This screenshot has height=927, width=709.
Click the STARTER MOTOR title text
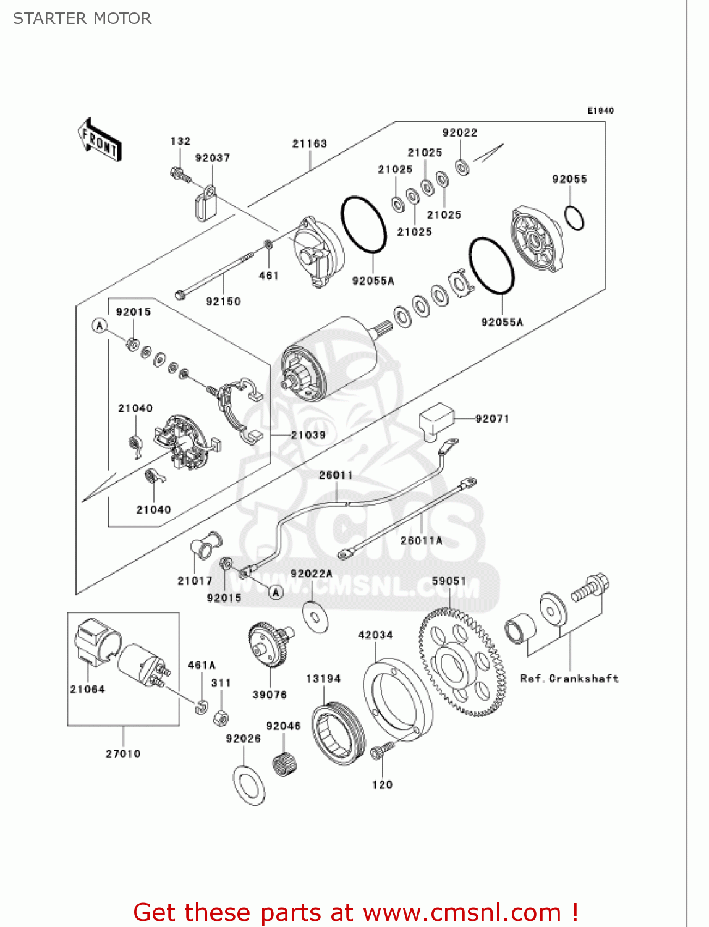pyautogui.click(x=82, y=19)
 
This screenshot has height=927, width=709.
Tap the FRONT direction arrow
pyautogui.click(x=99, y=140)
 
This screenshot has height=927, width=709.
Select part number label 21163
pyautogui.click(x=309, y=143)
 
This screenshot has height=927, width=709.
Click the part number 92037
pyautogui.click(x=213, y=158)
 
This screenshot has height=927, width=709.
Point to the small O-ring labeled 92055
pyautogui.click(x=574, y=218)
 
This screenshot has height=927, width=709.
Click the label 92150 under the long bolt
pyautogui.click(x=223, y=302)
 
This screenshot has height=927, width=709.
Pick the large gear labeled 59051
pyautogui.click(x=461, y=662)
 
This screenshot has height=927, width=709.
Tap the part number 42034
pyautogui.click(x=375, y=635)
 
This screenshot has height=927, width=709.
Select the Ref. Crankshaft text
pyautogui.click(x=569, y=679)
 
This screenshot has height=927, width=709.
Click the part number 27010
pyautogui.click(x=123, y=754)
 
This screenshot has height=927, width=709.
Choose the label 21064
pyautogui.click(x=87, y=689)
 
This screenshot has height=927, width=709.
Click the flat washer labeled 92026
pyautogui.click(x=249, y=785)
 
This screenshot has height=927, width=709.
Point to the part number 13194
pyautogui.click(x=323, y=679)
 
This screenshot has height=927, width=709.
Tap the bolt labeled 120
pyautogui.click(x=380, y=751)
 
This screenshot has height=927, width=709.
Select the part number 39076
pyautogui.click(x=270, y=695)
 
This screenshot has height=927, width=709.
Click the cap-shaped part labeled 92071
pyautogui.click(x=436, y=419)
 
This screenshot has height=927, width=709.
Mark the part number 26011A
pyautogui.click(x=422, y=541)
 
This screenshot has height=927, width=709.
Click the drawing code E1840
pyautogui.click(x=600, y=111)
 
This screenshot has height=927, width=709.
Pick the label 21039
pyautogui.click(x=308, y=435)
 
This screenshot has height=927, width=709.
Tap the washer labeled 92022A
pyautogui.click(x=315, y=616)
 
